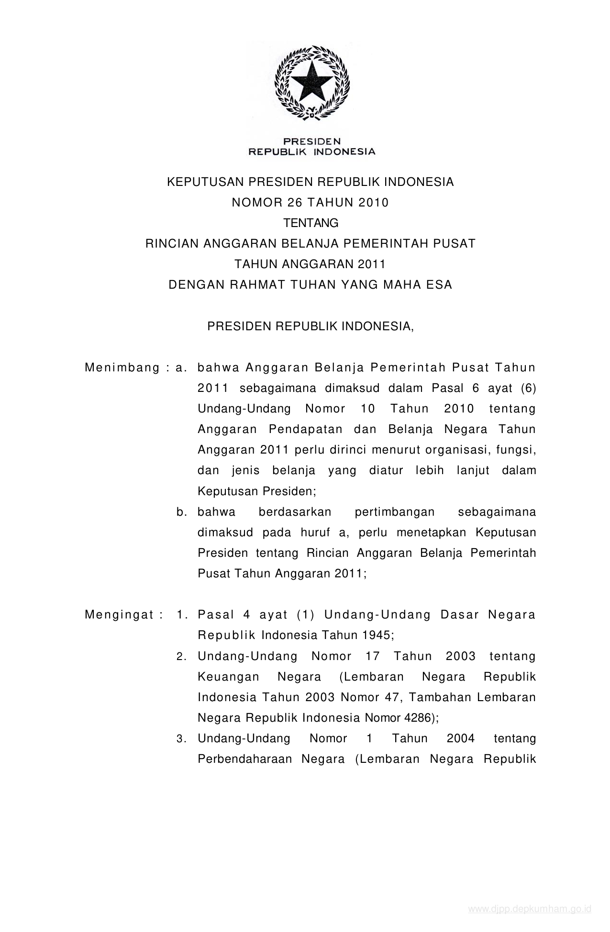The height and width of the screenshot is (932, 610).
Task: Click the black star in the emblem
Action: click(311, 79)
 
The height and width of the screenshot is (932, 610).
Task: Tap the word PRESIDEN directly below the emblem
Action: click(311, 141)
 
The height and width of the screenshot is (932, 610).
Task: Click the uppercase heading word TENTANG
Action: click(311, 223)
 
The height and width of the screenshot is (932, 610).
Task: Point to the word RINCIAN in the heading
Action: click(171, 244)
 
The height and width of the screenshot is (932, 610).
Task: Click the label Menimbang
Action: click(122, 368)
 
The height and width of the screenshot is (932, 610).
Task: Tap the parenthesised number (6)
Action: click(528, 388)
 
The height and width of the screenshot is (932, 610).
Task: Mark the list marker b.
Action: click(181, 512)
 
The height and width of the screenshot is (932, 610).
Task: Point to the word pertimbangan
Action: click(394, 512)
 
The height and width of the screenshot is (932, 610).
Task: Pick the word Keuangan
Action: click(228, 677)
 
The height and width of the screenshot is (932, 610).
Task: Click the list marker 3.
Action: click(181, 739)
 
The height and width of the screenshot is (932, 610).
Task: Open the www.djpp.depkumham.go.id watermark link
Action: click(530, 909)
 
